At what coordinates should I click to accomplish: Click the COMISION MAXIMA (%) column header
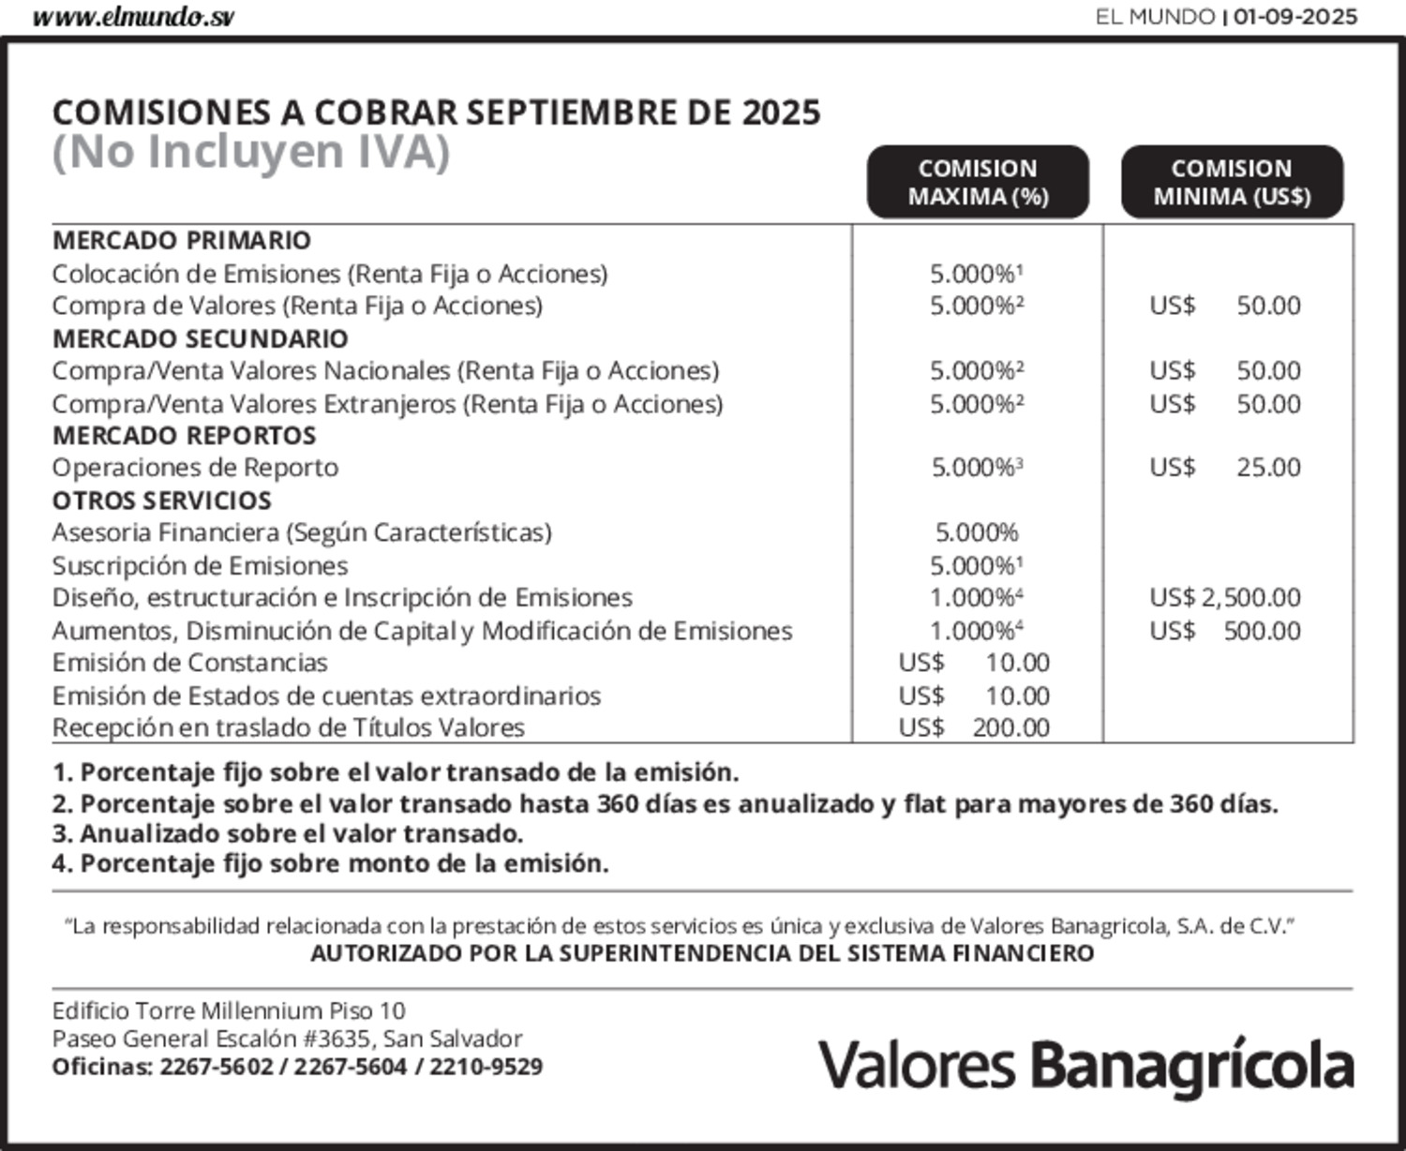pos(978,182)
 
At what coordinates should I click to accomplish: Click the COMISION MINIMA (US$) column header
pos(1232,182)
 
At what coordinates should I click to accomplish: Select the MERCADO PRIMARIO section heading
pos(181,241)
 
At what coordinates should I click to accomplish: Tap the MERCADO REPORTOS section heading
pos(184,436)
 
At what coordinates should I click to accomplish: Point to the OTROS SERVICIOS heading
pos(161,501)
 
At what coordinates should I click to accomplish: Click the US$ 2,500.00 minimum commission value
pos(1225,598)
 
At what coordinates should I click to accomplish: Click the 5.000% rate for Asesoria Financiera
pos(977,533)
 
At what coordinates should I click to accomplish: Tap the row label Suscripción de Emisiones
pos(200,566)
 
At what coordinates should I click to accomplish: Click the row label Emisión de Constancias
pos(189,663)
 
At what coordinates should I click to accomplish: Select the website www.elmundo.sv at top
pos(133,18)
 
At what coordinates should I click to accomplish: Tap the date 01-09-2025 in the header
pos(1295,17)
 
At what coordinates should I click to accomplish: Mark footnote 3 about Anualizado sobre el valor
pos(287,834)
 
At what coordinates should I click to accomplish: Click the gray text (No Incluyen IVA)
pos(250,152)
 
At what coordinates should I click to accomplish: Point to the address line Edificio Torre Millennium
pos(229,1010)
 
